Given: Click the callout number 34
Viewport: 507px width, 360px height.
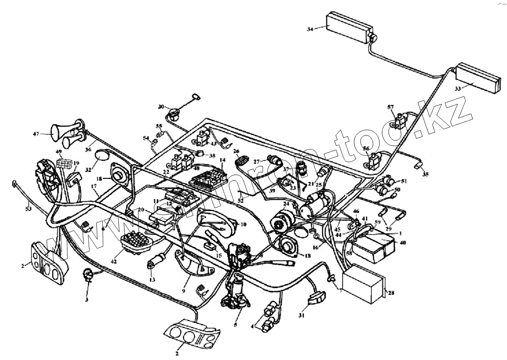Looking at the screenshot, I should tap(310, 29).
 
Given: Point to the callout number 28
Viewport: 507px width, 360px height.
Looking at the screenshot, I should tap(391, 293).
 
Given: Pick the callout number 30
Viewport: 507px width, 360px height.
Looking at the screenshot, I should tap(161, 106).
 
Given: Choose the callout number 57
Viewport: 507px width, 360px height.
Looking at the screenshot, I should tap(390, 107).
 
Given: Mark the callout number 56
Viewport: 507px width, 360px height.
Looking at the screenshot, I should tap(366, 149).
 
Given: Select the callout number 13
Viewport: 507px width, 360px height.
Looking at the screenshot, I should tap(152, 280).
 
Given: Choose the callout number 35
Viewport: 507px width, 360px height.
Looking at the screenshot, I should tap(425, 174).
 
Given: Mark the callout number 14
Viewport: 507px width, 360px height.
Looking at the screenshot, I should tap(222, 161).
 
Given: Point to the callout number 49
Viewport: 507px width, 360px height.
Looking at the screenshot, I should tap(59, 151).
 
